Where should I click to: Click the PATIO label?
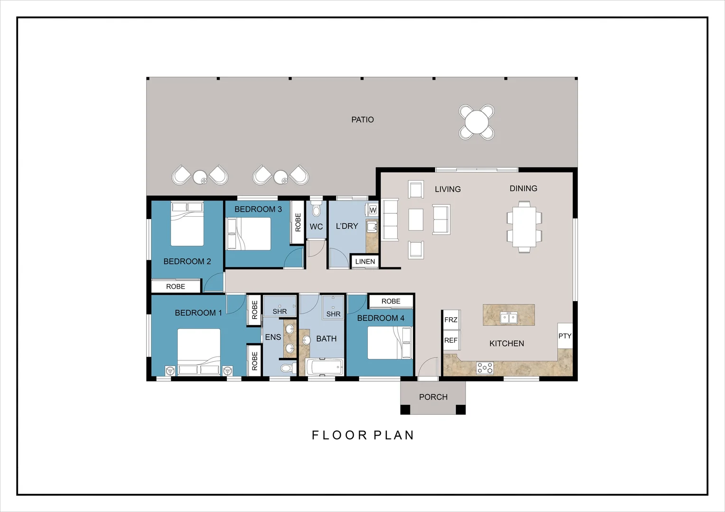(362, 119)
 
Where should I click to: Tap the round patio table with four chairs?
(476, 122)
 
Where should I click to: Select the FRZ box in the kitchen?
(451, 320)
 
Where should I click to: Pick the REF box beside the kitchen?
(451, 340)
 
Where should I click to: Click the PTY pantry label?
(565, 336)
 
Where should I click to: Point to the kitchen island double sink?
(509, 318)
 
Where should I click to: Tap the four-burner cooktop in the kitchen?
(485, 368)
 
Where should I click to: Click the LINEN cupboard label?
(365, 262)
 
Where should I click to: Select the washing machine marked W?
(372, 210)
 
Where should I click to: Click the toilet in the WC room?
(316, 209)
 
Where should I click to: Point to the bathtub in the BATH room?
(324, 367)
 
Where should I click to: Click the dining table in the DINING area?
(524, 227)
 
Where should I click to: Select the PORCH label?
(433, 397)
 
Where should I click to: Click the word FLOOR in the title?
(340, 435)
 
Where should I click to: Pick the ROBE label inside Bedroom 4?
(391, 301)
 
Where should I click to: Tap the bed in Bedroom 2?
(187, 224)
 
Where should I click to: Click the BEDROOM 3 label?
(258, 209)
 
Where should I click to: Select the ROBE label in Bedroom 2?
(176, 286)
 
